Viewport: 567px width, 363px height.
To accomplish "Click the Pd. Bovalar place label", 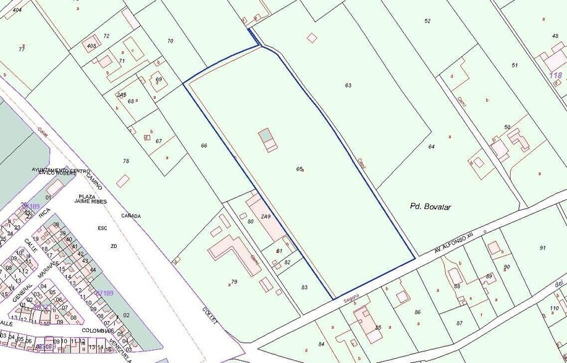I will click(430, 207).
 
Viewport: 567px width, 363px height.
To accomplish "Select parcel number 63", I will click(348, 85).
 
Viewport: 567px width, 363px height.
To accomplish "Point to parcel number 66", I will click(204, 146).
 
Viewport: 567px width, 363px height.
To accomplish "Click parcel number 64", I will click(431, 146).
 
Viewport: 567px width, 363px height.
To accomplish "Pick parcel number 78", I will click(126, 161).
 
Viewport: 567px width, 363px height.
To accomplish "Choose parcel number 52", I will click(427, 21).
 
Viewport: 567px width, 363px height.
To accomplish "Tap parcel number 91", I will click(542, 248).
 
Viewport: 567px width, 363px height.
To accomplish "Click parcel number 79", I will click(233, 282).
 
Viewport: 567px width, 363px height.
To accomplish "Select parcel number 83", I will click(304, 287).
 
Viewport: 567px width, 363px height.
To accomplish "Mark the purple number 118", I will click(556, 75).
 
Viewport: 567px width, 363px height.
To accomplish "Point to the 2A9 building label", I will click(266, 217).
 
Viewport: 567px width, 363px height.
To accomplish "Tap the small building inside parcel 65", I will click(268, 140).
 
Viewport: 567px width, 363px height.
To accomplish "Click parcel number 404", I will click(17, 10).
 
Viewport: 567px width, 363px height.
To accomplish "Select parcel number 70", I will click(170, 41).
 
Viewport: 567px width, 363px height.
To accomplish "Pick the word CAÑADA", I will click(131, 216).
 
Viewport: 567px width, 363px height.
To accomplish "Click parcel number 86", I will click(418, 313).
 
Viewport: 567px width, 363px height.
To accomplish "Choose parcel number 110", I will click(554, 308).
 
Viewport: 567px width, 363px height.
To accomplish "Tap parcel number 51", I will click(514, 65).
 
